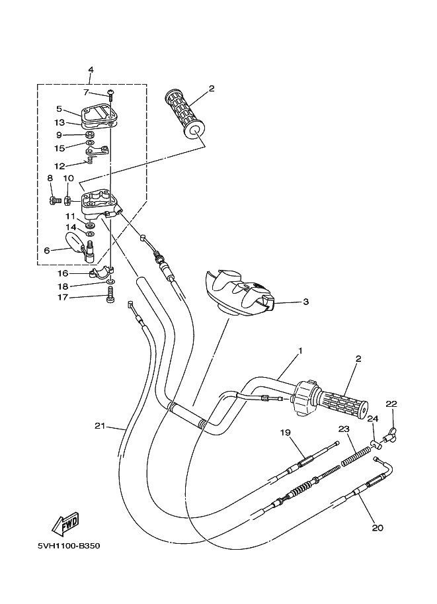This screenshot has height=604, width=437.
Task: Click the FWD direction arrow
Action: pyautogui.click(x=65, y=525)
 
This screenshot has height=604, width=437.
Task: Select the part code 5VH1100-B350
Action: pyautogui.click(x=69, y=546)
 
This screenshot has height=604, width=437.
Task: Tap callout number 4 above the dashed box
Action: pyautogui.click(x=91, y=69)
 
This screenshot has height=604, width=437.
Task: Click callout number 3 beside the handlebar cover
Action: pyautogui.click(x=305, y=302)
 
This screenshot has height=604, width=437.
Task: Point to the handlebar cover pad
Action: pyautogui.click(x=239, y=292)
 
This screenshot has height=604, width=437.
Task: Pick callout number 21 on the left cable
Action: pyautogui.click(x=100, y=426)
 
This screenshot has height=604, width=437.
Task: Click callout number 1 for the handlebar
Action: pyautogui.click(x=300, y=351)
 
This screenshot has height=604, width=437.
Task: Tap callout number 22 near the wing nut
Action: pyautogui.click(x=391, y=404)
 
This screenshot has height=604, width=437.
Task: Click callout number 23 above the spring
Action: pyautogui.click(x=344, y=429)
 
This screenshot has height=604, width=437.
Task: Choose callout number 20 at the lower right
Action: pyautogui.click(x=377, y=528)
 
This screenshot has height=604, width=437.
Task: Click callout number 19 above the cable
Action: pyautogui.click(x=286, y=433)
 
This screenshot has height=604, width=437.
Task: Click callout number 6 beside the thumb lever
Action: pyautogui.click(x=47, y=251)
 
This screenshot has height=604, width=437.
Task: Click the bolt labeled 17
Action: pyautogui.click(x=110, y=298)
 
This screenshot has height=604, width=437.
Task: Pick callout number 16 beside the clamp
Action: pyautogui.click(x=63, y=273)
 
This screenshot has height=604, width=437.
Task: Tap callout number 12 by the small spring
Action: pyautogui.click(x=60, y=167)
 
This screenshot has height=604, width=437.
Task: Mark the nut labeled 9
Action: pyautogui.click(x=89, y=135)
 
